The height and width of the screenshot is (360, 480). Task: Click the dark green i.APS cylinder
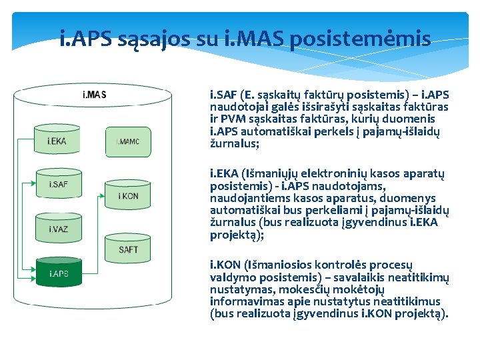point(59,273)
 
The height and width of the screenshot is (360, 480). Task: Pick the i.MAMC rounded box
point(128,141)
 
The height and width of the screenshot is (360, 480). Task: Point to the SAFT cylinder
point(128,249)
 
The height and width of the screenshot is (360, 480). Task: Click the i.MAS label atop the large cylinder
point(94,95)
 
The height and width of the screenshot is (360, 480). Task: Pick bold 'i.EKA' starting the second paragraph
point(225,175)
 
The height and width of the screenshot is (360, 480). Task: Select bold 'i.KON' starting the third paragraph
point(225,266)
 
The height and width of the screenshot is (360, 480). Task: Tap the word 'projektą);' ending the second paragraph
point(235,235)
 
